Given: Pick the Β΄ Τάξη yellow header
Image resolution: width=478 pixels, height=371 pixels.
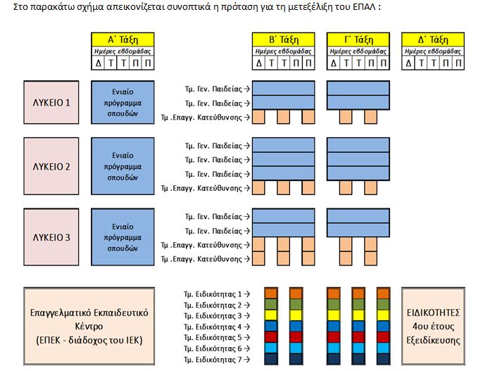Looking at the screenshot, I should pyautogui.click(x=284, y=39).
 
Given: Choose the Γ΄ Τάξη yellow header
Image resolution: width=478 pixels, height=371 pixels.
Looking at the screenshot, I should pyautogui.click(x=358, y=39).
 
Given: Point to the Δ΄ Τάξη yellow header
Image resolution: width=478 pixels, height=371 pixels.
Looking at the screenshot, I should pyautogui.click(x=433, y=39).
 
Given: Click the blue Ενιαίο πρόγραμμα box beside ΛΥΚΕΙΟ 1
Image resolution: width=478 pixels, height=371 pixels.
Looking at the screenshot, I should pyautogui.click(x=122, y=103).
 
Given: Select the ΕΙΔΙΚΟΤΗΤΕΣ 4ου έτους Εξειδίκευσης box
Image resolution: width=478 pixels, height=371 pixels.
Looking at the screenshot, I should pyautogui.click(x=433, y=327).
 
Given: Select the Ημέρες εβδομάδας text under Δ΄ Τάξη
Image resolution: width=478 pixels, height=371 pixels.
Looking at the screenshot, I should pyautogui.click(x=433, y=51).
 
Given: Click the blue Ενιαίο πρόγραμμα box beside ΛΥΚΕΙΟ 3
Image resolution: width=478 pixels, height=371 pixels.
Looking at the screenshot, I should pyautogui.click(x=122, y=237).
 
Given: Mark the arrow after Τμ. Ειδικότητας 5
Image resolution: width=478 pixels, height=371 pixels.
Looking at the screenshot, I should pyautogui.click(x=247, y=338).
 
